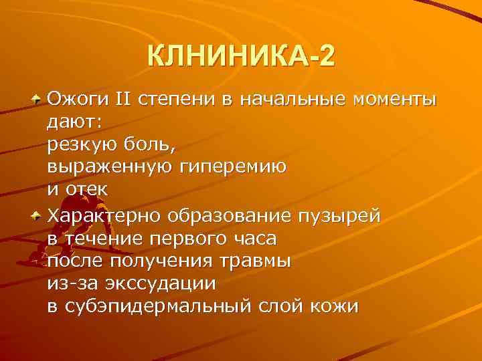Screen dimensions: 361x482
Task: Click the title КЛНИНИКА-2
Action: click(x=240, y=56)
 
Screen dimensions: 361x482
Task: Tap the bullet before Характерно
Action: click(x=36, y=215)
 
